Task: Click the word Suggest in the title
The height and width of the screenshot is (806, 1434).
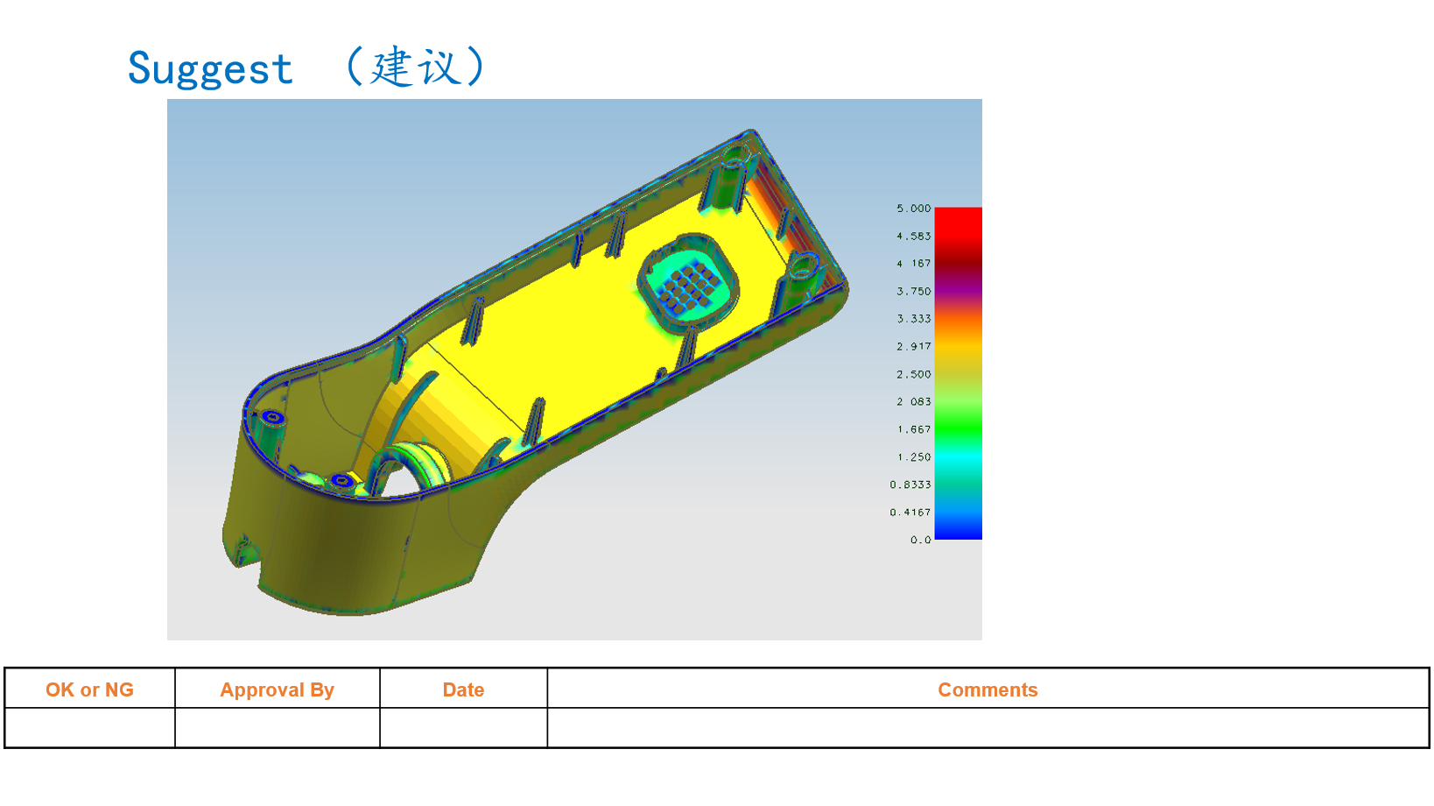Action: pos(210,69)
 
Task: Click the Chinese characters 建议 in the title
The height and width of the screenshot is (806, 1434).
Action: pos(415,67)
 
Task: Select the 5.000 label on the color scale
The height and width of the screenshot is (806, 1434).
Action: pos(913,209)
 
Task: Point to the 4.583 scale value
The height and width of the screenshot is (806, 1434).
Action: pos(913,237)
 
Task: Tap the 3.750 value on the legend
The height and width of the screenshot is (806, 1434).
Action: pos(913,292)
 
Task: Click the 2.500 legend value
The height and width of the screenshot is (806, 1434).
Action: pos(913,374)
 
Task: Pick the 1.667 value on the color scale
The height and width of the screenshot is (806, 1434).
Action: pos(913,429)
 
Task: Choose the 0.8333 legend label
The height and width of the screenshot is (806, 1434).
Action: pos(910,484)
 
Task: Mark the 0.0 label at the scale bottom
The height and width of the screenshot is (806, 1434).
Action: pos(920,540)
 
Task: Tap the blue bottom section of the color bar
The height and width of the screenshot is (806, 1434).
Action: pos(958,527)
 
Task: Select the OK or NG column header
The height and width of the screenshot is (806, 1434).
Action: pos(89,689)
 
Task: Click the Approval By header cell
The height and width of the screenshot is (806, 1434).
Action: pos(277,689)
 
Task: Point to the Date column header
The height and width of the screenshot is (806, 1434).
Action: pos(463,689)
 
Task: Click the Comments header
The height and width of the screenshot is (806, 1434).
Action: pos(988,689)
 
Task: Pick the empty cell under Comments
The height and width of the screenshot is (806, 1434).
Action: pos(988,728)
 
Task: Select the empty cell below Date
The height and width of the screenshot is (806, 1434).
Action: pos(463,728)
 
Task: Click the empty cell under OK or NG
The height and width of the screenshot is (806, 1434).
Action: pos(89,728)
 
